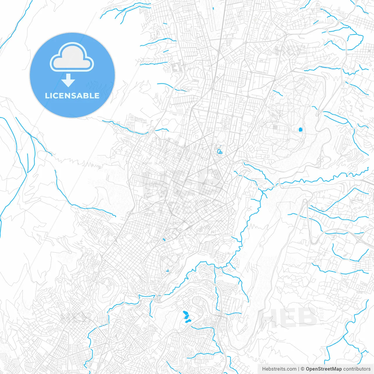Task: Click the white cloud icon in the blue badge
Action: point(72,57)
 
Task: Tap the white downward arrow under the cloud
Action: point(68,80)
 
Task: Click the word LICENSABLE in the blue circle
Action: point(72,96)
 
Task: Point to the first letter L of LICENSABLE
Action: point(47,96)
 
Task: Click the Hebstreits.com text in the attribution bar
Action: point(279,369)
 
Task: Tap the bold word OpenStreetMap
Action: point(323,369)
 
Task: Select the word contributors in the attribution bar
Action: point(357,369)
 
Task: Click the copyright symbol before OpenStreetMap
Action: point(302,369)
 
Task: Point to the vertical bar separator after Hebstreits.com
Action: point(299,369)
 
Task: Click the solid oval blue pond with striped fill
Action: point(300,129)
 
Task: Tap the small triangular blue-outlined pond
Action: point(167,271)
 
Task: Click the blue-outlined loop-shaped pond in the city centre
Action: point(219,152)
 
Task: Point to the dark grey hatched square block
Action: point(275,127)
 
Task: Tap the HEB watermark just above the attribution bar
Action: point(288,317)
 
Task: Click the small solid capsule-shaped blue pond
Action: point(164,240)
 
